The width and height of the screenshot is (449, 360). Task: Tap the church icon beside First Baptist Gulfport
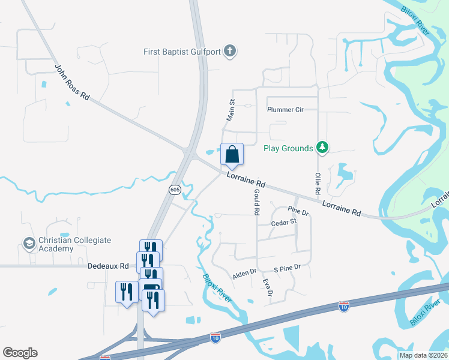pyautogui.click(x=229, y=51)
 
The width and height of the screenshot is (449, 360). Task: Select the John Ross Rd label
pyautogui.click(x=72, y=82)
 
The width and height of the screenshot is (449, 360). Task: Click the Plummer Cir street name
pyautogui.click(x=286, y=110)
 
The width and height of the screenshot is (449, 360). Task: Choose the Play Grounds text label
pyautogui.click(x=289, y=148)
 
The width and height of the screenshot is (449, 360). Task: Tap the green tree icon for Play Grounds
pyautogui.click(x=322, y=148)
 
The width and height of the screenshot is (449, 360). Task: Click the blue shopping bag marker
pyautogui.click(x=232, y=155)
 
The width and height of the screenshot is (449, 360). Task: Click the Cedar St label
pyautogui.click(x=284, y=222)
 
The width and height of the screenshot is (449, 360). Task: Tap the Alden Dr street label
pyautogui.click(x=244, y=275)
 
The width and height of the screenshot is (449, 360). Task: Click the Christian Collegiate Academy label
pyautogui.click(x=74, y=244)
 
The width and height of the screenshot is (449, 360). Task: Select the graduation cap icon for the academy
pyautogui.click(x=28, y=244)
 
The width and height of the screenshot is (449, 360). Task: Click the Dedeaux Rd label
pyautogui.click(x=108, y=266)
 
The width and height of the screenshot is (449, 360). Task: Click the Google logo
pyautogui.click(x=20, y=353)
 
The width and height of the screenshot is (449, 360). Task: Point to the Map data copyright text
pyautogui.click(x=421, y=355)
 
